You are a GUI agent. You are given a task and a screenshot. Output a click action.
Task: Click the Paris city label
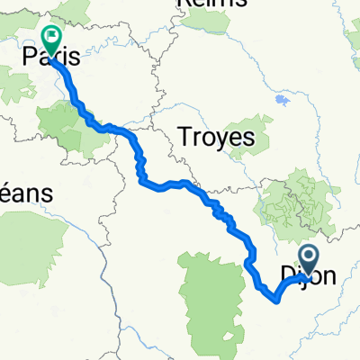coord(53,58)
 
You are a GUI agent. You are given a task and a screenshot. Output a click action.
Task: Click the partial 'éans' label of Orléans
coord(26,193)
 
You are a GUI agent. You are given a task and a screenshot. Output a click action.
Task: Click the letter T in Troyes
coord(185,138)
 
